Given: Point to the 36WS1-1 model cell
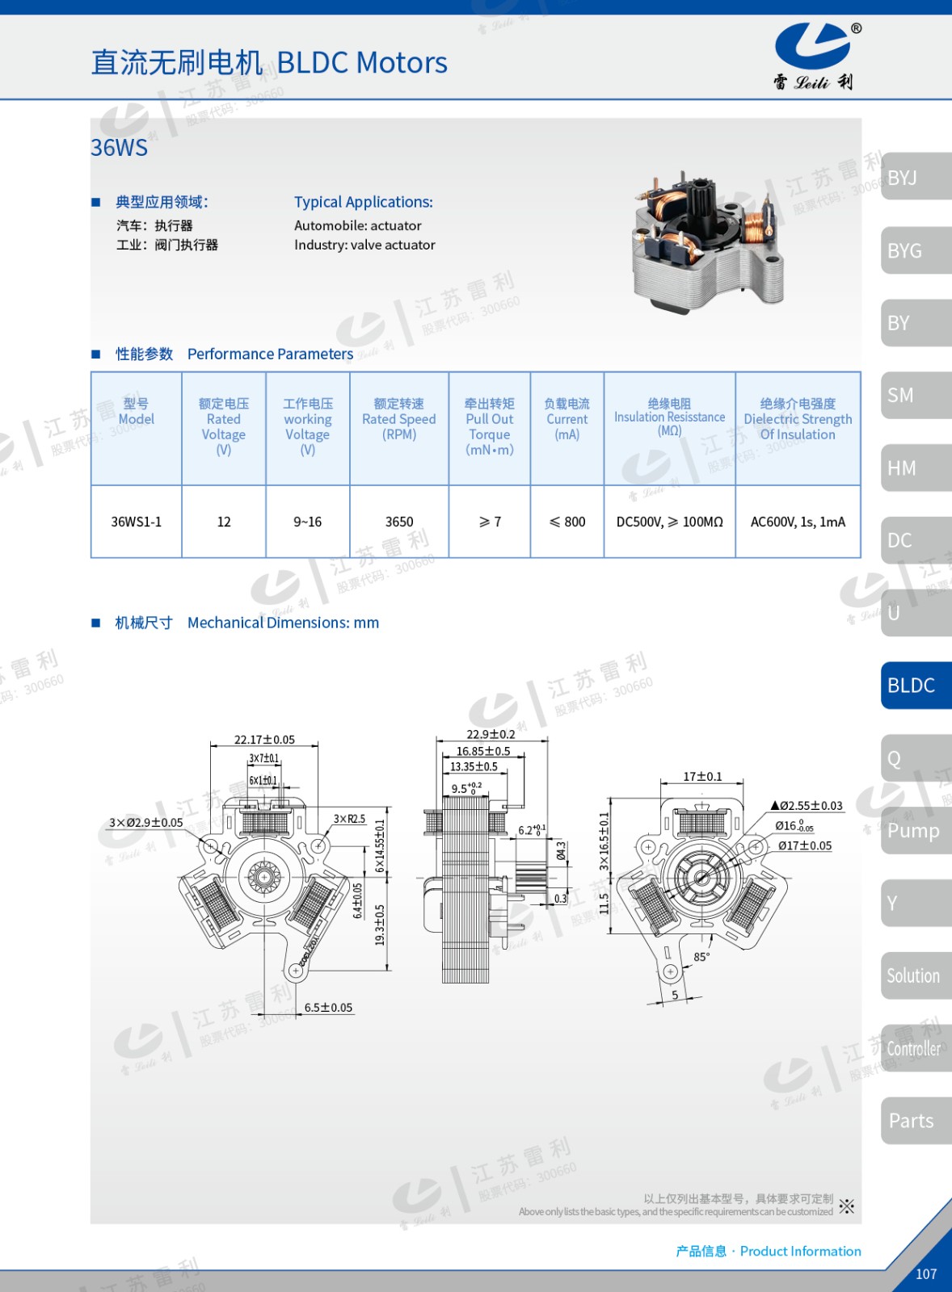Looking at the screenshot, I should pos(137,522).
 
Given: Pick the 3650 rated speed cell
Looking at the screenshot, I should pos(399,522).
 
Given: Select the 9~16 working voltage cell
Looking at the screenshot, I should pos(307,522).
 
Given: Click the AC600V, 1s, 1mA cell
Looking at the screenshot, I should pos(798,522).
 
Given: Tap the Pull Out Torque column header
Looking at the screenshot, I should pos(490,427).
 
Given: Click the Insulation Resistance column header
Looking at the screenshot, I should pos(669,417).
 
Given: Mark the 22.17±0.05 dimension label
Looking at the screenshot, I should pos(264,740).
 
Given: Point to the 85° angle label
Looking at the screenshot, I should pos(701,957).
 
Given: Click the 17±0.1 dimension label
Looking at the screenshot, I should pos(702,777).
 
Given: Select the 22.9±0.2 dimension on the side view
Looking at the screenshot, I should pos(491,734).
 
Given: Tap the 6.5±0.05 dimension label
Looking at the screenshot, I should pos(328,1008).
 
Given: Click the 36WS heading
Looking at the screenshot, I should pos(120,148).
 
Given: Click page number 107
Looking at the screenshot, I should pos(926,1274).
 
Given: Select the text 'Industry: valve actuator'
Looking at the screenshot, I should pos(364,245).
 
